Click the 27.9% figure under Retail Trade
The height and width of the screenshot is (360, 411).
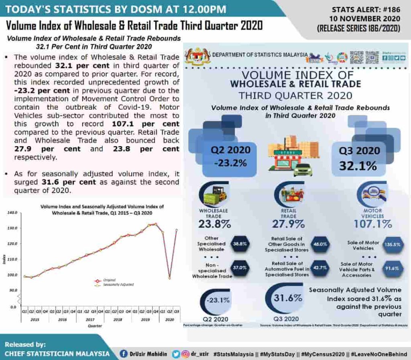pyautogui.click(x=289, y=224)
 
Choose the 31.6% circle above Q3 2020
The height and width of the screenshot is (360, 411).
pyautogui.click(x=282, y=298)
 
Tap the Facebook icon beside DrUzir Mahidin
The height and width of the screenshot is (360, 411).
pyautogui.click(x=124, y=354)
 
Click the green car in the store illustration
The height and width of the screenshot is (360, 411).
pyautogui.click(x=303, y=170)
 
